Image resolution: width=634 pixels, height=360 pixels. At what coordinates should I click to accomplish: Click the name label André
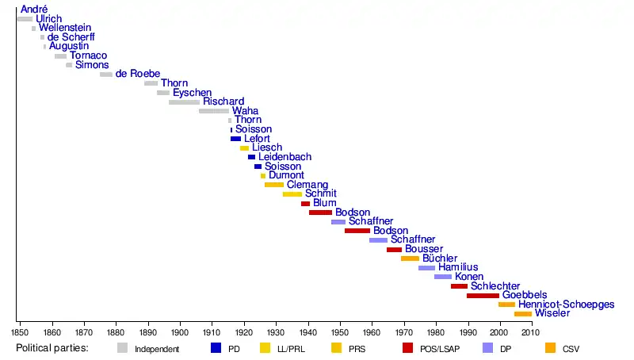(x=34, y=10)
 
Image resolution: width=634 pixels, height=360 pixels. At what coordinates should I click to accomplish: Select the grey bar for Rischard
(x=184, y=102)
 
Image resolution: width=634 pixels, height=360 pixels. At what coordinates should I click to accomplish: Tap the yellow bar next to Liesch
(x=244, y=148)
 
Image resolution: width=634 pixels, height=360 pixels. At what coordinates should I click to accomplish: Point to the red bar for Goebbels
(x=483, y=296)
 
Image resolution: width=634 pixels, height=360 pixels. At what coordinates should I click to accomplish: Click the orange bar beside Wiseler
(x=522, y=314)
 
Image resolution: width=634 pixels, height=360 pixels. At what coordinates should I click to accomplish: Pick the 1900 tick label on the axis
(x=180, y=331)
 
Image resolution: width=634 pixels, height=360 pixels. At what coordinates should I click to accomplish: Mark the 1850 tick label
(x=21, y=331)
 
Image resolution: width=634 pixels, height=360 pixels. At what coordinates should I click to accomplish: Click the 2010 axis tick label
(x=532, y=331)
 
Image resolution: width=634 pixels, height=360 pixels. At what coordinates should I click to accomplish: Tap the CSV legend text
(x=571, y=349)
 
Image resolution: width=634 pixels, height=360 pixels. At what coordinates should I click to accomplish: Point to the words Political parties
(x=52, y=348)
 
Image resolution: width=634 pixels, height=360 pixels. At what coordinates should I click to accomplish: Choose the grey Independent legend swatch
(x=122, y=347)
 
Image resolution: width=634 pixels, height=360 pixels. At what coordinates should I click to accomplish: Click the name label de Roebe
(x=138, y=75)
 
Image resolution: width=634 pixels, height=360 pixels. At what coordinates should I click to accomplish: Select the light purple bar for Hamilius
(x=426, y=268)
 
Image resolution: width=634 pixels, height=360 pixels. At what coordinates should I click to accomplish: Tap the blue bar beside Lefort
(x=235, y=139)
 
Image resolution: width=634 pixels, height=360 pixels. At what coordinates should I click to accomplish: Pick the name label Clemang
(x=307, y=185)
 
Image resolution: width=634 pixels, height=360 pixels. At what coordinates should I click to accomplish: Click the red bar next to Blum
(x=305, y=204)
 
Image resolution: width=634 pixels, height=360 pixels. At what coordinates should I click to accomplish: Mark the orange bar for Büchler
(x=410, y=259)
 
